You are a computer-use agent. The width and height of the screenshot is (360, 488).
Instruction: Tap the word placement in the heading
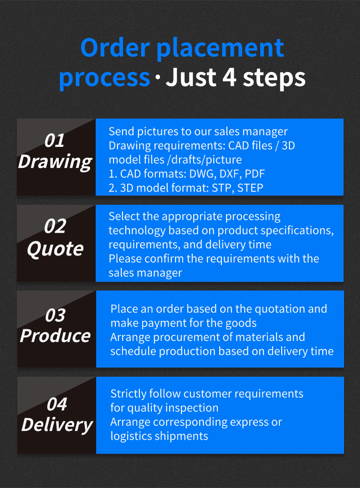(220, 49)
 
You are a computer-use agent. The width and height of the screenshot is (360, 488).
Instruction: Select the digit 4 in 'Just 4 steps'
(229, 77)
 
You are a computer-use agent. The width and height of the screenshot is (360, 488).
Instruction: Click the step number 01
(54, 140)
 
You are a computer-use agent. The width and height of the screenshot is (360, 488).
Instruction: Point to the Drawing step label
(55, 162)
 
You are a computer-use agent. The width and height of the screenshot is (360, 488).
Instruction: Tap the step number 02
(55, 226)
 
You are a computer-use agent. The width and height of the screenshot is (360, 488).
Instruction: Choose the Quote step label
(55, 249)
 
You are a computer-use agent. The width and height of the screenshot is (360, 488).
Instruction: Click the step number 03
(55, 315)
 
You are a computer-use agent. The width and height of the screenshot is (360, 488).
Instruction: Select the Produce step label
(55, 336)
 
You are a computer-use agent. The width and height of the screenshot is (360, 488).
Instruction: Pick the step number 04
(57, 404)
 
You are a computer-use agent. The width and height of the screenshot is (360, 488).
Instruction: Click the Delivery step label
(57, 425)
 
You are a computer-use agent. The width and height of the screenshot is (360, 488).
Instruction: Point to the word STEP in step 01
(250, 187)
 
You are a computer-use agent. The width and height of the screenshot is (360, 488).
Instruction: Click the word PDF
(255, 174)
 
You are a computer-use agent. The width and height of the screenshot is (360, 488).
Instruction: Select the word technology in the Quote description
(137, 231)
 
